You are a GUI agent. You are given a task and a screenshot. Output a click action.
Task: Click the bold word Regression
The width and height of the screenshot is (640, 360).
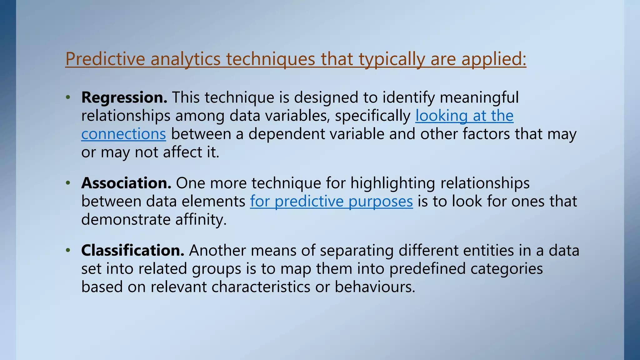pos(124,97)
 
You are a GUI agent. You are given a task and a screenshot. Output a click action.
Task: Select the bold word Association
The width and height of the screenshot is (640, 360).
pos(126,183)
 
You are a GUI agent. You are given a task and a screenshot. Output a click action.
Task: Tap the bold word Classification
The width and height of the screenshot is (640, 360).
pos(132,250)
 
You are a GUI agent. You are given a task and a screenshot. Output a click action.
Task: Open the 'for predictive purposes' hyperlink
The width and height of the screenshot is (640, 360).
pos(331,201)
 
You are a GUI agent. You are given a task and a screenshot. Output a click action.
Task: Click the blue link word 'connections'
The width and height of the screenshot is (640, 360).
pos(123,134)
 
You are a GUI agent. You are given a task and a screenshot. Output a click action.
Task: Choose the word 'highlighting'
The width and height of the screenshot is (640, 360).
pos(392,183)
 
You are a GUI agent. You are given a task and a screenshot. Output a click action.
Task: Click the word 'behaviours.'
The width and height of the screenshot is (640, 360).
pos(375,287)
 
